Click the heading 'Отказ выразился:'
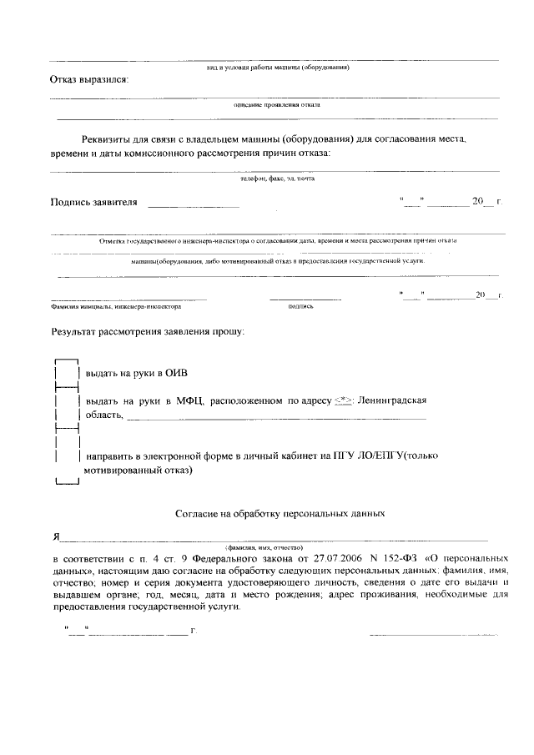point(90,80)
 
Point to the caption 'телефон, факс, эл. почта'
point(277,179)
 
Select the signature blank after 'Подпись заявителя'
point(193,204)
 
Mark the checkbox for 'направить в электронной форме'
point(66,456)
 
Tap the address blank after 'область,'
point(275,415)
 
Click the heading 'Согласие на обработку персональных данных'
point(280,515)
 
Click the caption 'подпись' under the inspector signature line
point(300,306)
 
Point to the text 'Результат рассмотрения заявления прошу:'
point(148,332)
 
